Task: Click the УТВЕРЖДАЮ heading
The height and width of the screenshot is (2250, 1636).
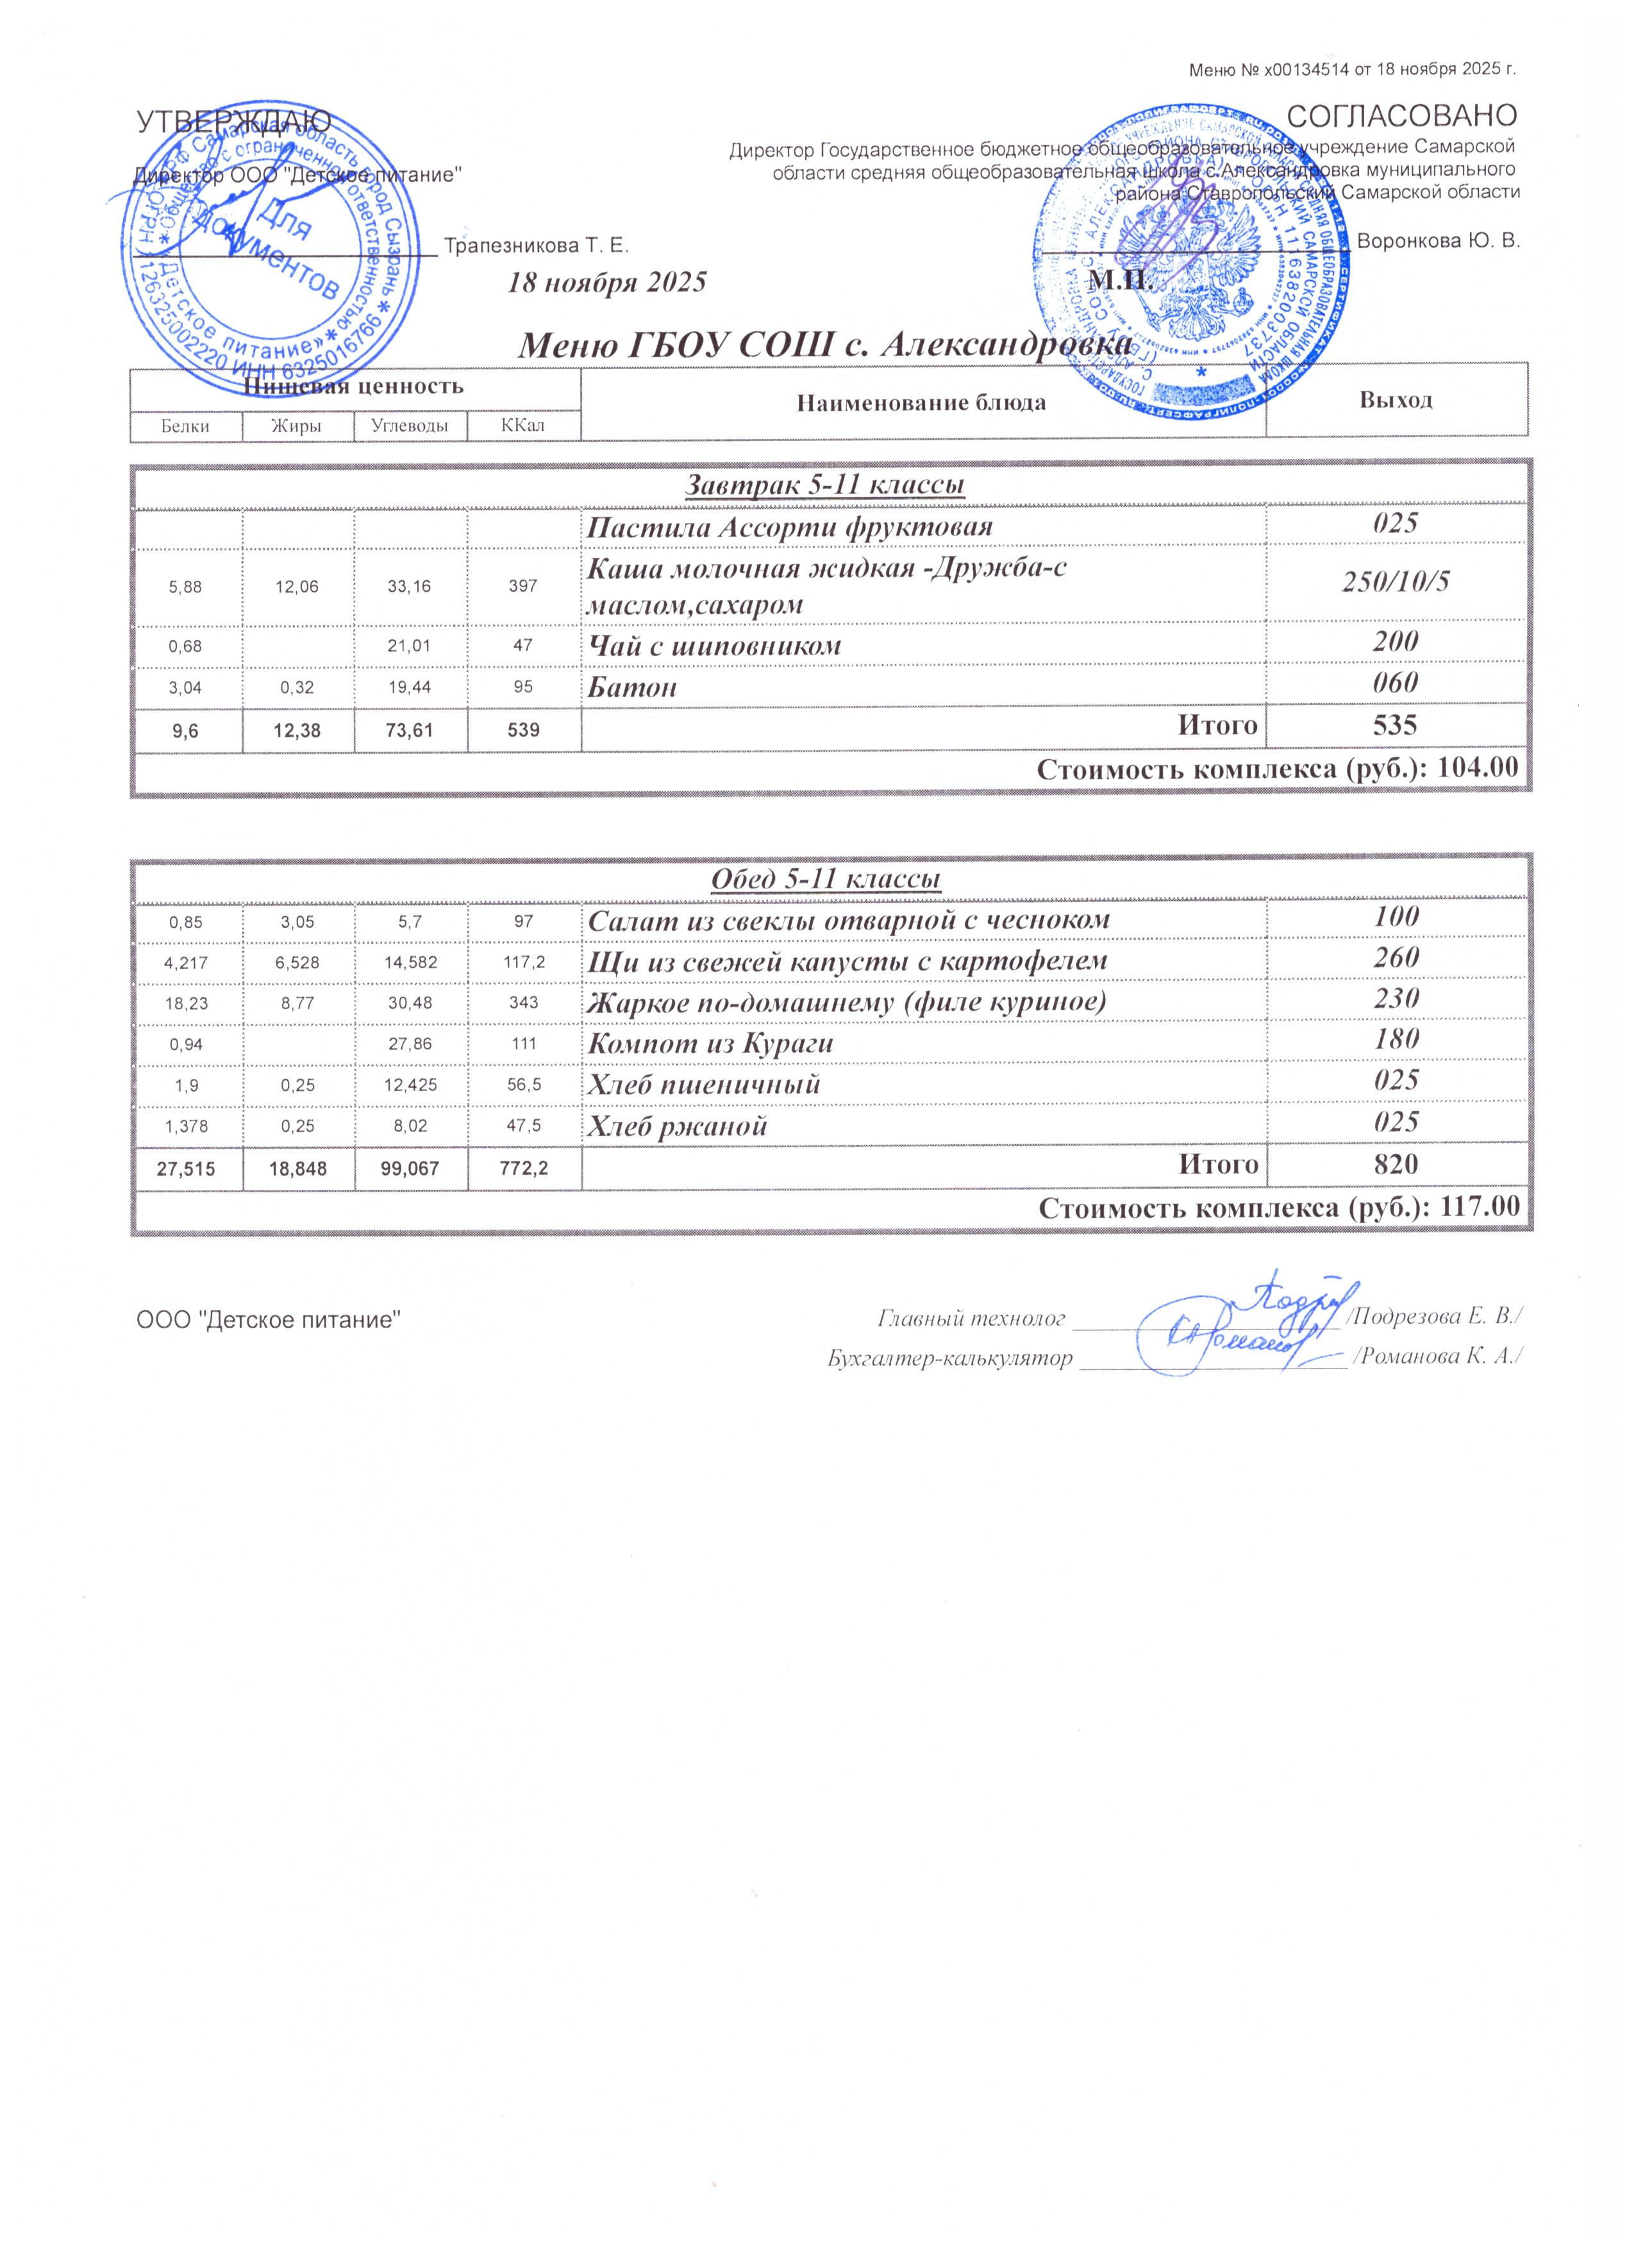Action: pyautogui.click(x=234, y=122)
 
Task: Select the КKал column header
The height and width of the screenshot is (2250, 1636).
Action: pyautogui.click(x=523, y=426)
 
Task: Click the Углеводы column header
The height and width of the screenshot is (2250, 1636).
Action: pyautogui.click(x=410, y=426)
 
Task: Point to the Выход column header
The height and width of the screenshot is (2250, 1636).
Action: pyautogui.click(x=1395, y=400)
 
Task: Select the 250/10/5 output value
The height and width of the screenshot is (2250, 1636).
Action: pyautogui.click(x=1395, y=582)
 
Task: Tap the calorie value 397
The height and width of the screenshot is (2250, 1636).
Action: pyautogui.click(x=523, y=587)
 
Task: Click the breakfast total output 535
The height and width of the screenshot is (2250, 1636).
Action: pyautogui.click(x=1395, y=725)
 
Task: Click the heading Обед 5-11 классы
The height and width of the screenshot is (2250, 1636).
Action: pyautogui.click(x=826, y=879)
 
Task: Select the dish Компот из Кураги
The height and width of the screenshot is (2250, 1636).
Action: pyautogui.click(x=710, y=1043)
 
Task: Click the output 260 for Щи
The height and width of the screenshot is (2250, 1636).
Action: pyautogui.click(x=1395, y=957)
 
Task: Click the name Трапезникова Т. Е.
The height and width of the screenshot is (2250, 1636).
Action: pyautogui.click(x=536, y=245)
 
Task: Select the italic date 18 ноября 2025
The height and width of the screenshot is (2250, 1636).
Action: pyautogui.click(x=606, y=283)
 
